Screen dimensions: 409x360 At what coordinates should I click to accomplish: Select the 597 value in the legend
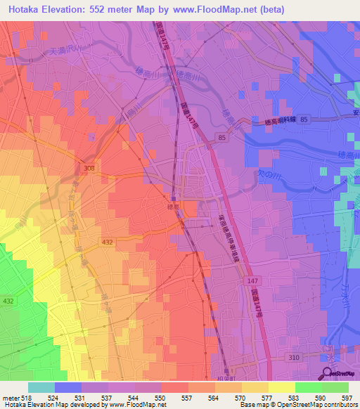tap(347, 397)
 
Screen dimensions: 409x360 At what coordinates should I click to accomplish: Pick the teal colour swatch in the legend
tap(41, 387)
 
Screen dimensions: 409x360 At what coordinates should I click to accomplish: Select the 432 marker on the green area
tap(7, 301)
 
